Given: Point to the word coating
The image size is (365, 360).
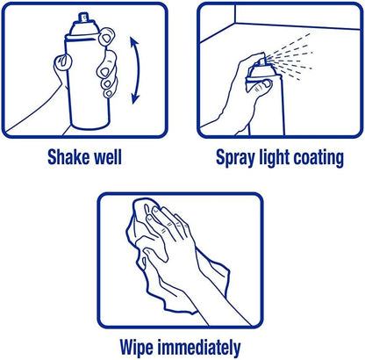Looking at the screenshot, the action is pyautogui.click(x=318, y=158).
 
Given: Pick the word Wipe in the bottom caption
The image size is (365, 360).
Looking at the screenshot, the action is pyautogui.click(x=136, y=348).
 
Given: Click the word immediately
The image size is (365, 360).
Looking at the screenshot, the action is pyautogui.click(x=199, y=348).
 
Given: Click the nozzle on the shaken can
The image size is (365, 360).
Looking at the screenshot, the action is pyautogui.click(x=83, y=17).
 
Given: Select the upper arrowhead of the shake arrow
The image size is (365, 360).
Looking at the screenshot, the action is pyautogui.click(x=134, y=41).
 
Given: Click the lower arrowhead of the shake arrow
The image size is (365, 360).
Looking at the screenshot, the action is pyautogui.click(x=135, y=98).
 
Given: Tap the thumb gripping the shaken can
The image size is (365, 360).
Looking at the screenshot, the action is pyautogui.click(x=63, y=62).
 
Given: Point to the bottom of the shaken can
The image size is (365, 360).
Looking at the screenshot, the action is pyautogui.click(x=90, y=126).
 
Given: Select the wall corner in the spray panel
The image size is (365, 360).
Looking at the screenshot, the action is pyautogui.click(x=235, y=23).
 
